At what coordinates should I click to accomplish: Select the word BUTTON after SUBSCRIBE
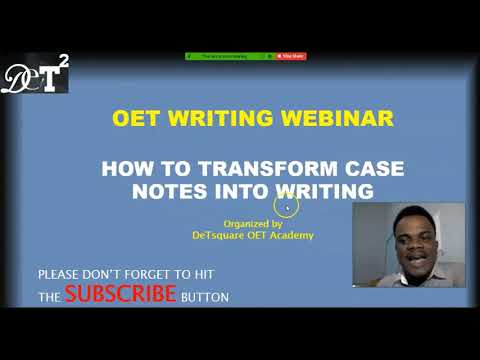click(x=205, y=297)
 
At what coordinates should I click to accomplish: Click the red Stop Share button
click(x=292, y=56)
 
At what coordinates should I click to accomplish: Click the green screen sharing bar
click(x=229, y=56)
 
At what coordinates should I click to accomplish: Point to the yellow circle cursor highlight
click(x=287, y=207)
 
